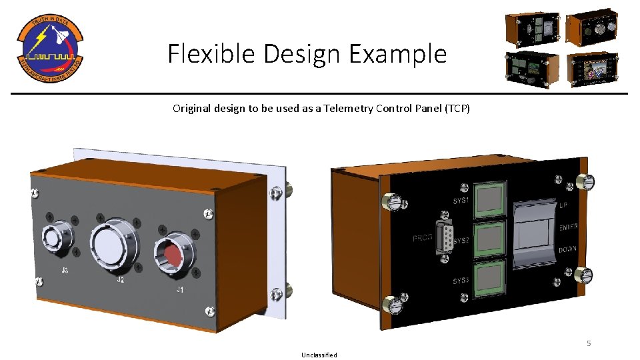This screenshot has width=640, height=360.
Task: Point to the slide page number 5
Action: [589, 343]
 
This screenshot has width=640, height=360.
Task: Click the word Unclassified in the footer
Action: [319, 355]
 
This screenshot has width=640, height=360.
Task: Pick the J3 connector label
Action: [65, 271]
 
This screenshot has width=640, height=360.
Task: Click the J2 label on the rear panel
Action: [121, 280]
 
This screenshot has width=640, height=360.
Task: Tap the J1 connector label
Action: [179, 290]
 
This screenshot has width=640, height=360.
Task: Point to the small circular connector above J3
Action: [53, 237]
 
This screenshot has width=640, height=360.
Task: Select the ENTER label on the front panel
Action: [568, 227]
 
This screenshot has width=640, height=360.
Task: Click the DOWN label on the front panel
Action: [568, 249]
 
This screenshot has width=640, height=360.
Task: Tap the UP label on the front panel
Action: [564, 205]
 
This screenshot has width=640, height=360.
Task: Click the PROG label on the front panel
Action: [423, 238]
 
